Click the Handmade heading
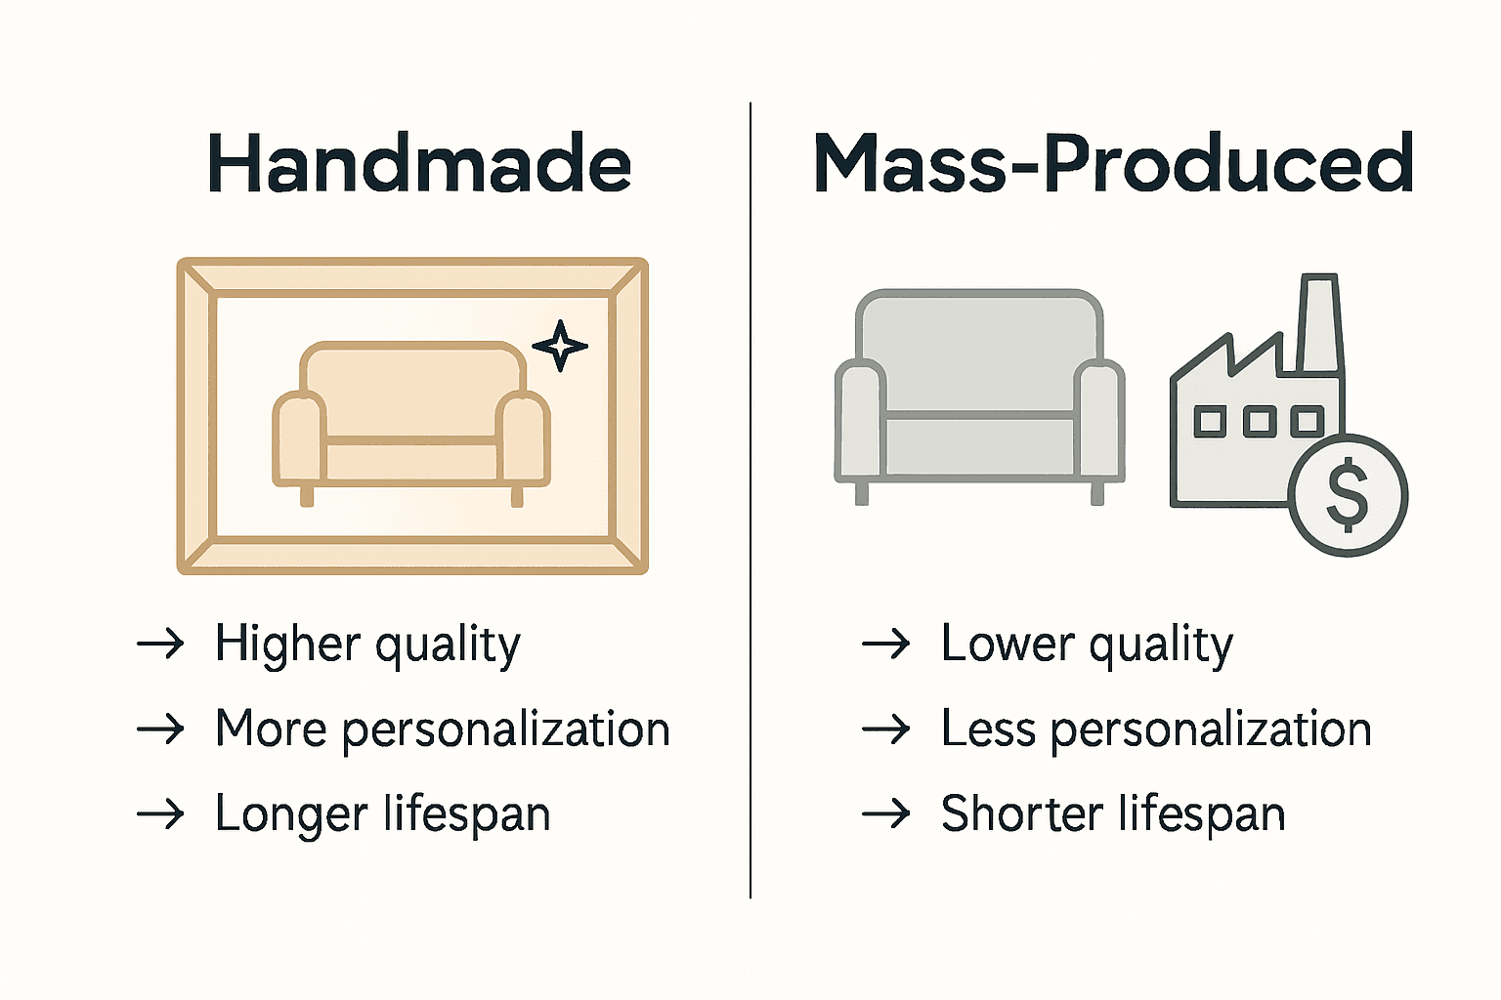(419, 164)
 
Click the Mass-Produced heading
(1113, 162)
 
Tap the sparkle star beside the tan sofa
(560, 346)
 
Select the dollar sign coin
(1348, 494)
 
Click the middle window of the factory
(1259, 422)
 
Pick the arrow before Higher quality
(160, 645)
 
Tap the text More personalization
(442, 729)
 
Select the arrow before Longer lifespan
(160, 814)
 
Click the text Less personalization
(1156, 729)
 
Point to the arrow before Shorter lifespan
(885, 814)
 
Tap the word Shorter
(1022, 814)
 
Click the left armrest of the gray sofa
(860, 420)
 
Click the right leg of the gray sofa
(1097, 493)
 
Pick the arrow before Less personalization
(885, 729)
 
